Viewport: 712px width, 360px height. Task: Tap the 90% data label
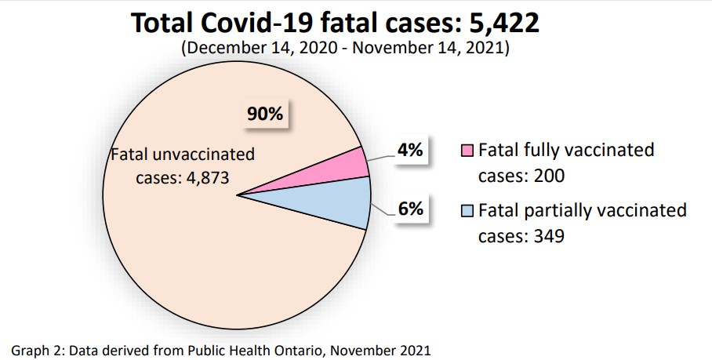[x=265, y=115]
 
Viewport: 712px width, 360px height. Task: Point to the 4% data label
[x=409, y=151]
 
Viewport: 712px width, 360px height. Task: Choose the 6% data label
[x=409, y=209]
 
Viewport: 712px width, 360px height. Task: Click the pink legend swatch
[x=467, y=151]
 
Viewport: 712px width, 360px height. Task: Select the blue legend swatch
[x=467, y=211]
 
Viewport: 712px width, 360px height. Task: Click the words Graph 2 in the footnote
[x=38, y=348]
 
